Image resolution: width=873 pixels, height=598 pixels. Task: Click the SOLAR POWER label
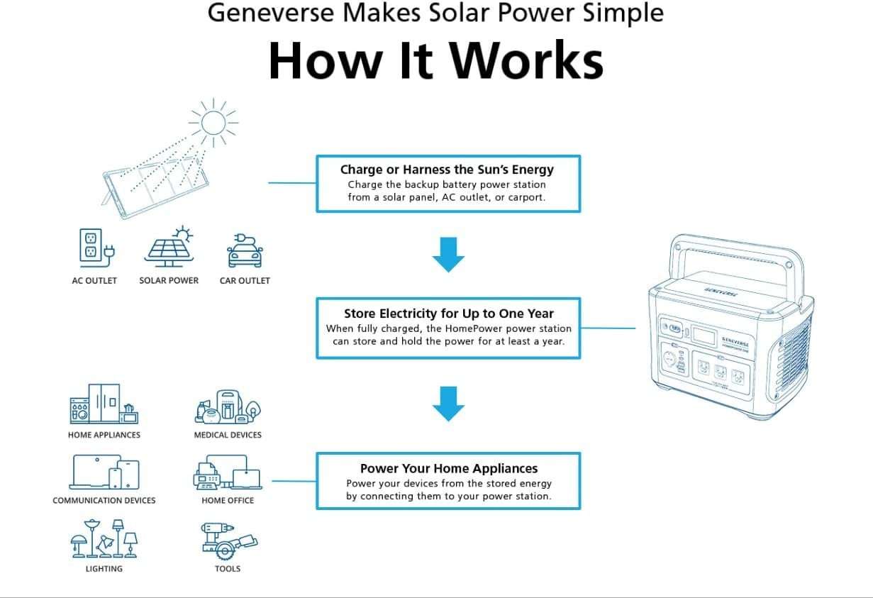169,281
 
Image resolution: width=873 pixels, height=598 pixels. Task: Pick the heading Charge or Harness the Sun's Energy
447,170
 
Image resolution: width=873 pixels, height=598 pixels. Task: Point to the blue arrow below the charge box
448,255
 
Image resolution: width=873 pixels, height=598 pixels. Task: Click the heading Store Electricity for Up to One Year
448,314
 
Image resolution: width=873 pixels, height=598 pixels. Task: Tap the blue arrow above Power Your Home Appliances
448,404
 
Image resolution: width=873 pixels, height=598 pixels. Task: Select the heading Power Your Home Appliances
448,469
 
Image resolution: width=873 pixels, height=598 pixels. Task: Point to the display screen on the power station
704,336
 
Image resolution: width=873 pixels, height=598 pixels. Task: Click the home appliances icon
104,405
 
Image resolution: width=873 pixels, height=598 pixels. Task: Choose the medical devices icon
227,406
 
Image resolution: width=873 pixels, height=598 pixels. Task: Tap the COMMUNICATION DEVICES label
104,501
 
